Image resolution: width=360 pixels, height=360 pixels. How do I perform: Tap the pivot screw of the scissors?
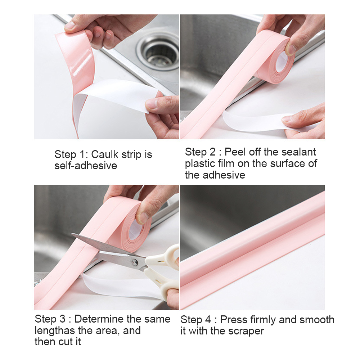[134, 262]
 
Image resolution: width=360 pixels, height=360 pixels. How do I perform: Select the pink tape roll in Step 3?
[133, 227]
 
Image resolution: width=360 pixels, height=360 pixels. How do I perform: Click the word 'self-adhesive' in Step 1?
[86, 166]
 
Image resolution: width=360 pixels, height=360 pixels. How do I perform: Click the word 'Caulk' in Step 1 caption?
[104, 154]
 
